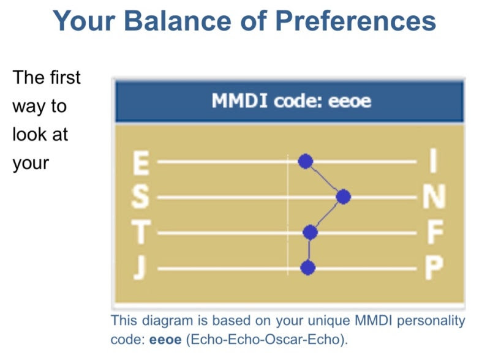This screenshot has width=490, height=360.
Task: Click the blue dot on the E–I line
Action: coord(305,161)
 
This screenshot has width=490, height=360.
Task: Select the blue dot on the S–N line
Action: coord(343,197)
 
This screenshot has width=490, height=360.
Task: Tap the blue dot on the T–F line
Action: coord(310,232)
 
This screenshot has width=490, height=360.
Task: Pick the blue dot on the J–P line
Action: coord(308,268)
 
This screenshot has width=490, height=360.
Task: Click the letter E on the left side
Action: coord(141,163)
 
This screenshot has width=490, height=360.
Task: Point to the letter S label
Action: coord(140,197)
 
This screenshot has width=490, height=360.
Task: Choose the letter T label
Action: coord(141,231)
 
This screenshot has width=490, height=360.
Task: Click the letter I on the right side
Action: coord(433,160)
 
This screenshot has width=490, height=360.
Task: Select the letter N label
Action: coord(434,197)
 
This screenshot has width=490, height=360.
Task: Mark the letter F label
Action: coord(435,231)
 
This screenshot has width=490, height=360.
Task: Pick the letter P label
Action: coord(434,268)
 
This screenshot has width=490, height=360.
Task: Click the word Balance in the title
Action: coord(178,21)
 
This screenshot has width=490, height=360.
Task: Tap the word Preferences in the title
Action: coord(355,21)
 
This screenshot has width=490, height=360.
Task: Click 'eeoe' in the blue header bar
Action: coord(349,100)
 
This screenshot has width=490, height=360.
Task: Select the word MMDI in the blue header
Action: coord(239,100)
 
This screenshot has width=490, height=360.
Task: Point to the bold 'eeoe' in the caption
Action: coord(165,340)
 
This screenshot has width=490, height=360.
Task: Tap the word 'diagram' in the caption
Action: coord(167,321)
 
